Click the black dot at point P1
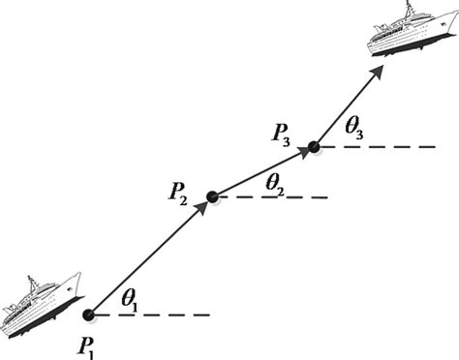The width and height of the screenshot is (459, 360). [x=89, y=315]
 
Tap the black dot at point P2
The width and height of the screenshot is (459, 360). [x=212, y=197]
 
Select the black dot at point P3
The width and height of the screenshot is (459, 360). [x=313, y=148]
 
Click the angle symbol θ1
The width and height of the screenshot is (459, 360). [x=129, y=302]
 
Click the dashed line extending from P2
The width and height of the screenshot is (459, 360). [x=275, y=198]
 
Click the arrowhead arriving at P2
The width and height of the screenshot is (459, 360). [x=200, y=208]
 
